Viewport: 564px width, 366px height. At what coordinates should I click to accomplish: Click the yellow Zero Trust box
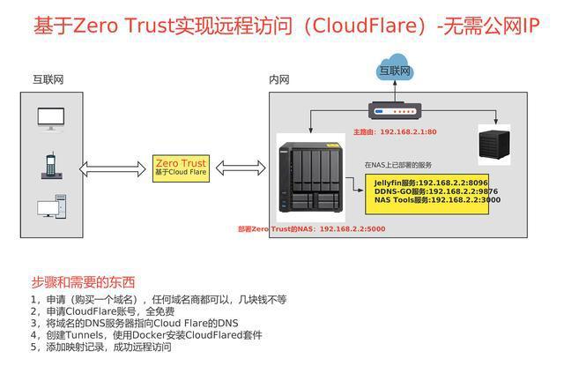click(180, 168)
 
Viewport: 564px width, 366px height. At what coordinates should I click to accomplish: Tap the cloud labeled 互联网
click(394, 70)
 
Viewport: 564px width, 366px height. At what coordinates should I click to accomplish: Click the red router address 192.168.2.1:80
click(394, 131)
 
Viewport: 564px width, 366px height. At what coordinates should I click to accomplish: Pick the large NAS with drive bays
click(308, 180)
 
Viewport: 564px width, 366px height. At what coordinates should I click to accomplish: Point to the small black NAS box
click(493, 145)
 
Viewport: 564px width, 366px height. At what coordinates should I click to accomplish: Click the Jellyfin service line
click(425, 182)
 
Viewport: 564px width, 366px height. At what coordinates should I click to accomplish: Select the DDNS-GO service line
click(425, 190)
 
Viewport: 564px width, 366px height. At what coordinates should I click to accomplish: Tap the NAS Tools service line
click(425, 200)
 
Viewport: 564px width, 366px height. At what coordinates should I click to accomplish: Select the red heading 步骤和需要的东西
click(84, 282)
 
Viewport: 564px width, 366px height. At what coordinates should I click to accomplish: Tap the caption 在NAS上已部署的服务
click(398, 165)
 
